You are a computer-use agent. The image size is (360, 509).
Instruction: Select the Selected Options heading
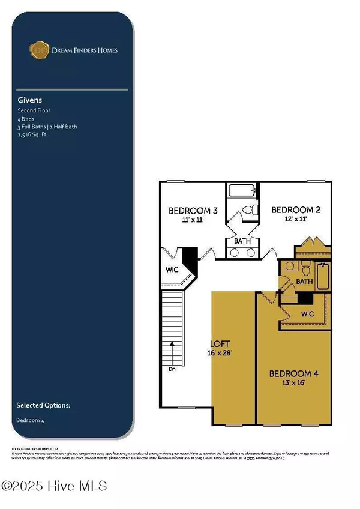click(43, 405)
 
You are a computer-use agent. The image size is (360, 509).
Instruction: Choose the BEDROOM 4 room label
click(293, 373)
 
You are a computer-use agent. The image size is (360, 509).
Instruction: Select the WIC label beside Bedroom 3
click(172, 270)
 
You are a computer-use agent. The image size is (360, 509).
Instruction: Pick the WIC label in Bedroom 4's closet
click(307, 313)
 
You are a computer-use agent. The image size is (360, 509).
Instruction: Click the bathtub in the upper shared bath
click(242, 193)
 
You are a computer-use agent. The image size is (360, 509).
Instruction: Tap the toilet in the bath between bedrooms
click(253, 210)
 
